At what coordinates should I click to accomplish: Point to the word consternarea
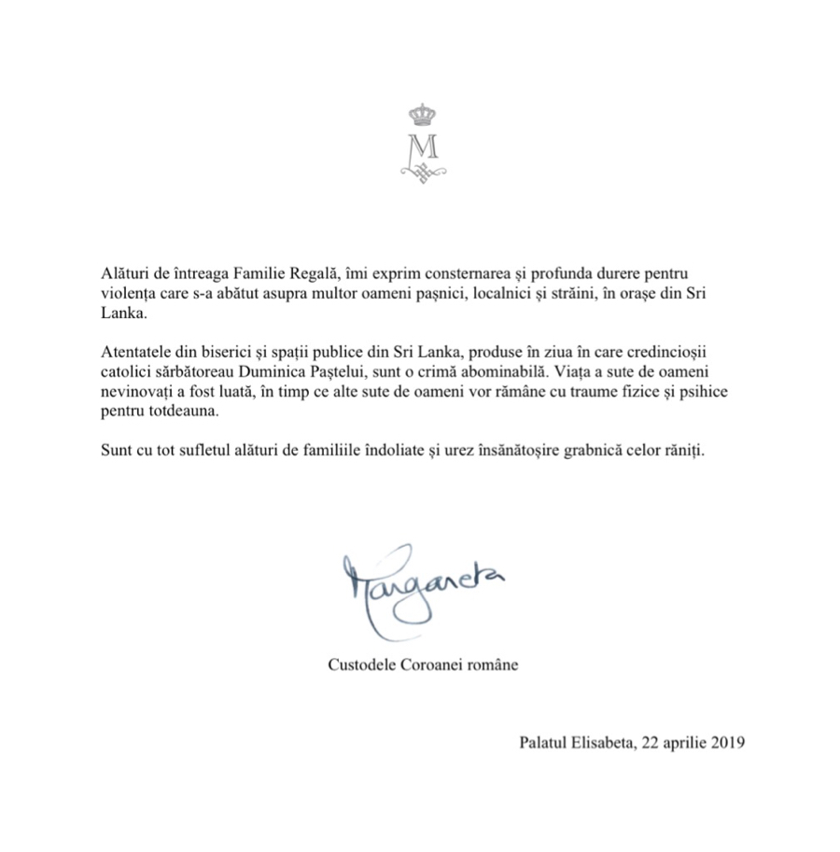point(449,277)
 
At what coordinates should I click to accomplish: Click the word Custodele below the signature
point(364,665)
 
